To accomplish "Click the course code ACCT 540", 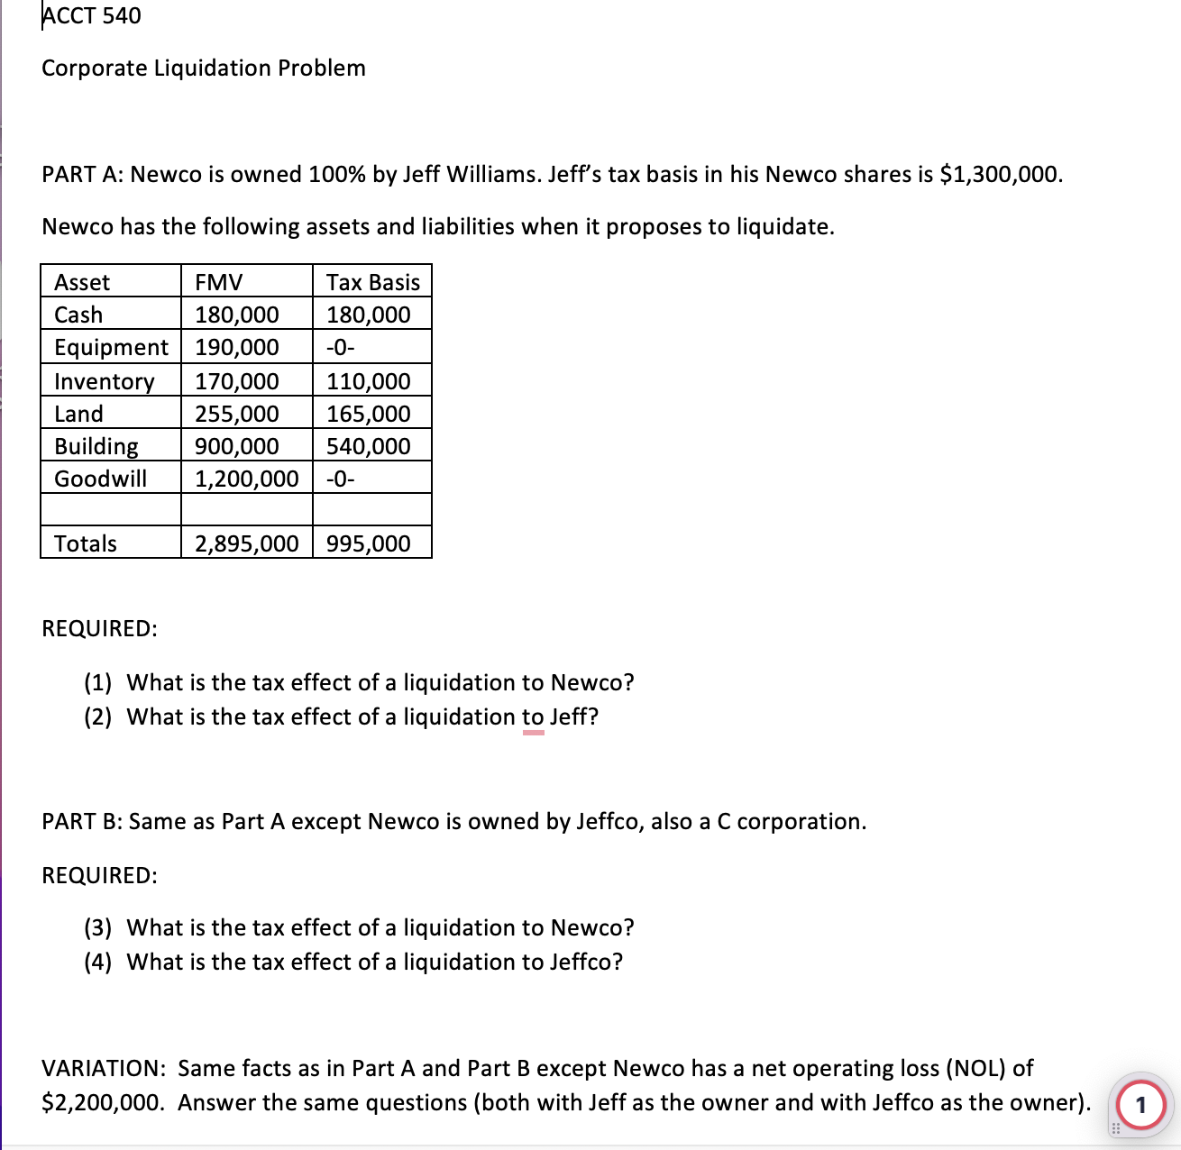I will coord(91,16).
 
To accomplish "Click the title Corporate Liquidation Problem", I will coord(204,68).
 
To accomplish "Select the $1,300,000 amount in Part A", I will coord(1000,174).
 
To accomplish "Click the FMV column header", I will coord(219,282).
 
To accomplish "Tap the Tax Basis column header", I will coord(372,282).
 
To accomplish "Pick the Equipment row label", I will coord(111,347).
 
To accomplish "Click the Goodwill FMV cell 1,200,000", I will coord(246,479).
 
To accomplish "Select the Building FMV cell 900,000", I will coord(237,446).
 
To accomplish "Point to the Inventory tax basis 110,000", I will coord(368,381).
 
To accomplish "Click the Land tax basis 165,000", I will coord(368,414).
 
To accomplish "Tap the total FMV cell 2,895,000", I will coord(246,543).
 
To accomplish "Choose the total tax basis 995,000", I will coord(368,543).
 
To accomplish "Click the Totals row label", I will coord(86,543).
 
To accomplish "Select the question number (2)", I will coord(98,717).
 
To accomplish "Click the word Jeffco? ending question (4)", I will coord(586,963).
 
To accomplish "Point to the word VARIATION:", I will coord(103,1069).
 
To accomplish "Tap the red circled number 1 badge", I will coord(1140,1104).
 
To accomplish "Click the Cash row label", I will coord(78,315).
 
